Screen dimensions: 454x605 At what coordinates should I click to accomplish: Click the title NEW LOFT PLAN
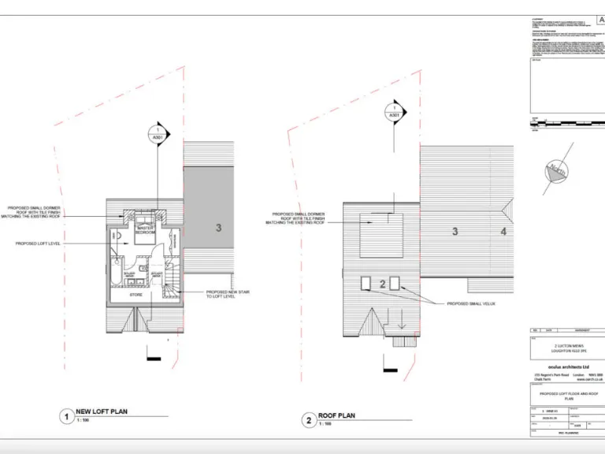pyautogui.click(x=101, y=411)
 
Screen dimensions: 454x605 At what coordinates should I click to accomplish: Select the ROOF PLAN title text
pyautogui.click(x=336, y=415)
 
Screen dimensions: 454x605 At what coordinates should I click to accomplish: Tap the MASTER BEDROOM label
pyautogui.click(x=145, y=231)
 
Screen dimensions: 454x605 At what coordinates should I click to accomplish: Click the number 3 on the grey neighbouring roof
pyautogui.click(x=217, y=228)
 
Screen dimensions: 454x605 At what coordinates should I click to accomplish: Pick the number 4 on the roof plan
pyautogui.click(x=503, y=232)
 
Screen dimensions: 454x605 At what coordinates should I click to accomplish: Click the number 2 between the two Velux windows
pyautogui.click(x=382, y=284)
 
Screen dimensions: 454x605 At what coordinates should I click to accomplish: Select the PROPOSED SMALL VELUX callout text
pyautogui.click(x=472, y=303)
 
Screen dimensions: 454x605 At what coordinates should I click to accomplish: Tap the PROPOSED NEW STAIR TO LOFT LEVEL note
pyautogui.click(x=232, y=294)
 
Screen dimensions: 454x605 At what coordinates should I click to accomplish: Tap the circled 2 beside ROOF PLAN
pyautogui.click(x=308, y=419)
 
